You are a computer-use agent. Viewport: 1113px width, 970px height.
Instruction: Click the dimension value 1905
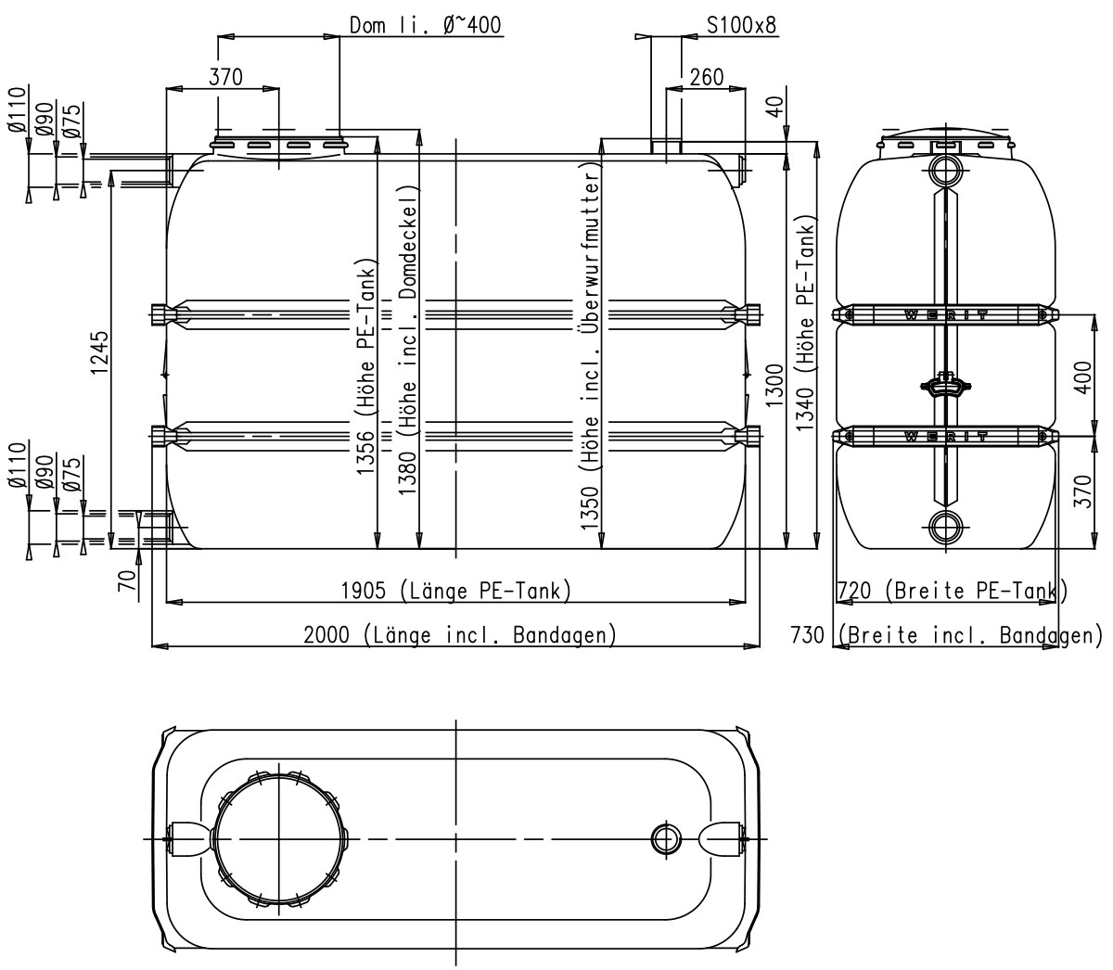pos(364,590)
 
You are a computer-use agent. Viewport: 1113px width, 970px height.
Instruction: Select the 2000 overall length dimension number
pos(326,634)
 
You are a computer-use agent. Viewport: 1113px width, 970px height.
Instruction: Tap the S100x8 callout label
pos(741,25)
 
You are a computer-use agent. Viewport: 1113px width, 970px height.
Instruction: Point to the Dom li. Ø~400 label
pos(425,25)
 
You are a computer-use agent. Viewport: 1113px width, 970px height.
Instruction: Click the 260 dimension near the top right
pos(707,77)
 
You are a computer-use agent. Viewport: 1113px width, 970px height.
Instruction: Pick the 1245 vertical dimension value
pos(100,352)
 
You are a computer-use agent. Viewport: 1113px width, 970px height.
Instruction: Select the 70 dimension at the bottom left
pos(127,581)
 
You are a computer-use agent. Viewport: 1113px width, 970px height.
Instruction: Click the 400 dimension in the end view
pos(1083,377)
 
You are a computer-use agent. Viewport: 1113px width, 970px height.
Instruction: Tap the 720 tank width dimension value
pos(854,590)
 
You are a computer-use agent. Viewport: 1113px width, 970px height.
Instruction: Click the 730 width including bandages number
pos(808,634)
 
